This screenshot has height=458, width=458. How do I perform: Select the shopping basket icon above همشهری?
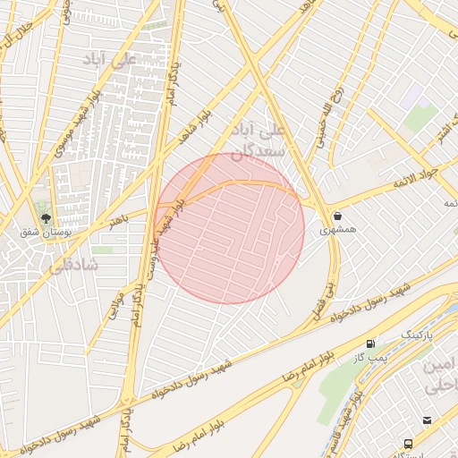337,216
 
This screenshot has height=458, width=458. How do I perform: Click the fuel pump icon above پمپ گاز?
370,343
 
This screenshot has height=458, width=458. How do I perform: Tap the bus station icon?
409,444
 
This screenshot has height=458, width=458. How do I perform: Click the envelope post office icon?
427,420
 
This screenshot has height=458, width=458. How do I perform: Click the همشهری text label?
337,230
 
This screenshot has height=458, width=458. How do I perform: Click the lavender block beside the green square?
411,98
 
